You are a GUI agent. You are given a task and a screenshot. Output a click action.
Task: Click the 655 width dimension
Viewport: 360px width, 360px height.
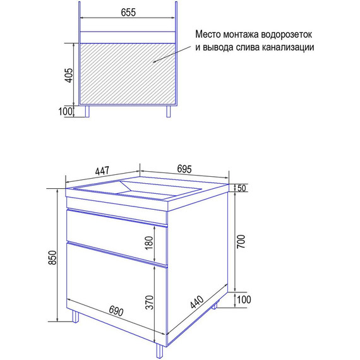[x=128, y=13]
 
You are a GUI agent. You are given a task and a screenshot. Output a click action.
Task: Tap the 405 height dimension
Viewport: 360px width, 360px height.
[x=69, y=75]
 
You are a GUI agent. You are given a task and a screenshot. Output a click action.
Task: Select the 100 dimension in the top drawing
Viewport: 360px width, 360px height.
[x=66, y=111]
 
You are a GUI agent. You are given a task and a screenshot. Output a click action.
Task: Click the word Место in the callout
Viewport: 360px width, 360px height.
[x=208, y=35]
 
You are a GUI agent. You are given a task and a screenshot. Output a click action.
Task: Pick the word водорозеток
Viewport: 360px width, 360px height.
[x=287, y=35]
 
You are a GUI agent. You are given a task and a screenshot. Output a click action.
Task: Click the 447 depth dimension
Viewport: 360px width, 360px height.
[x=102, y=171]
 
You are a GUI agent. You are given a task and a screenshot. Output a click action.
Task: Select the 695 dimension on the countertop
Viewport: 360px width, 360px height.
[x=184, y=169]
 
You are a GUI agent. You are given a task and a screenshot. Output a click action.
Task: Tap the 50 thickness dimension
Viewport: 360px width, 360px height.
[x=241, y=188]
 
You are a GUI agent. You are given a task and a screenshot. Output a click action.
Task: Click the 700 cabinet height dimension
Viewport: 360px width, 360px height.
[x=241, y=241]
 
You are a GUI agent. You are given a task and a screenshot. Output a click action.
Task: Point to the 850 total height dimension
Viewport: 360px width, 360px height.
[x=52, y=258]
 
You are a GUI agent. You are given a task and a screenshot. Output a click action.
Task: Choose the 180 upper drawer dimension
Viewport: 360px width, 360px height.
[x=149, y=243]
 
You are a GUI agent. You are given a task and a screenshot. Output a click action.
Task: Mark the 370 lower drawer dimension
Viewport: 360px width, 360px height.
[x=149, y=303]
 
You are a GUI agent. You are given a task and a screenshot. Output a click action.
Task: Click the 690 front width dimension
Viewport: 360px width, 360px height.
[x=116, y=311]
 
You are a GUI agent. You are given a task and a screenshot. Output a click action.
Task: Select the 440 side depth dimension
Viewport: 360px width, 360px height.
[x=197, y=302]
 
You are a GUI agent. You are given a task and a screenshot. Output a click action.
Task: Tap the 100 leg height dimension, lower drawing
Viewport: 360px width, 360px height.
[x=244, y=299]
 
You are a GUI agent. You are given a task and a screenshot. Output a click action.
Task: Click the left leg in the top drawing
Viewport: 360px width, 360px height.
[x=87, y=112]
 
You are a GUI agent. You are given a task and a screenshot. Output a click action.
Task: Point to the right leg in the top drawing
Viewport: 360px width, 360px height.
[x=169, y=112]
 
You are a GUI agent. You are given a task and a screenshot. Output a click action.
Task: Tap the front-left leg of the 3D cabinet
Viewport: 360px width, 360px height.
[x=76, y=316]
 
